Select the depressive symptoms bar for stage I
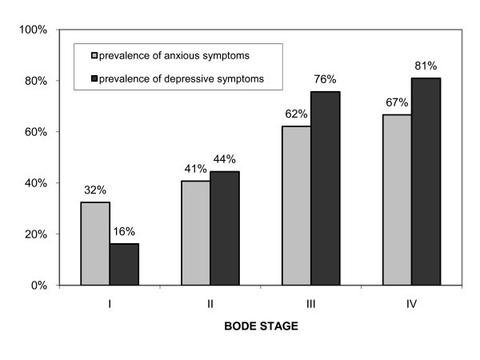click(124, 264)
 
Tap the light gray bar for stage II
click(195, 232)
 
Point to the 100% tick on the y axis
click(34, 30)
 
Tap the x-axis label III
click(310, 305)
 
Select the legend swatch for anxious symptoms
click(94, 56)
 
